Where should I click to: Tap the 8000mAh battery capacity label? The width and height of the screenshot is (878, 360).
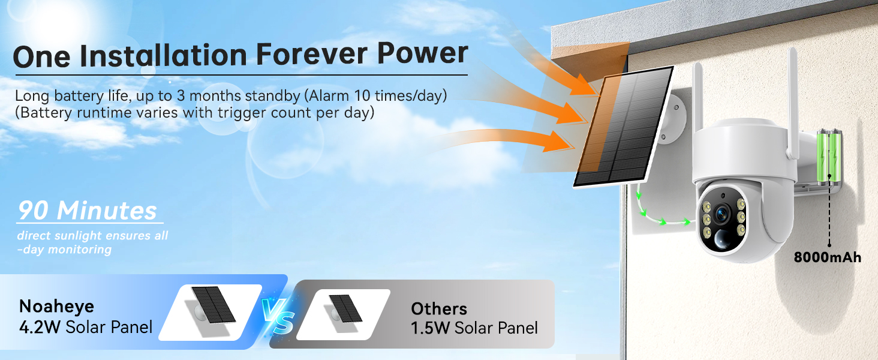coord(827,257)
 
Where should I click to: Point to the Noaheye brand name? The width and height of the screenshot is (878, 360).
coord(56,306)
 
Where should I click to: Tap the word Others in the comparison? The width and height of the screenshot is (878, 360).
coord(438,309)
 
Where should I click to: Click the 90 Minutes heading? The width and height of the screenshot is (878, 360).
coord(87,211)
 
